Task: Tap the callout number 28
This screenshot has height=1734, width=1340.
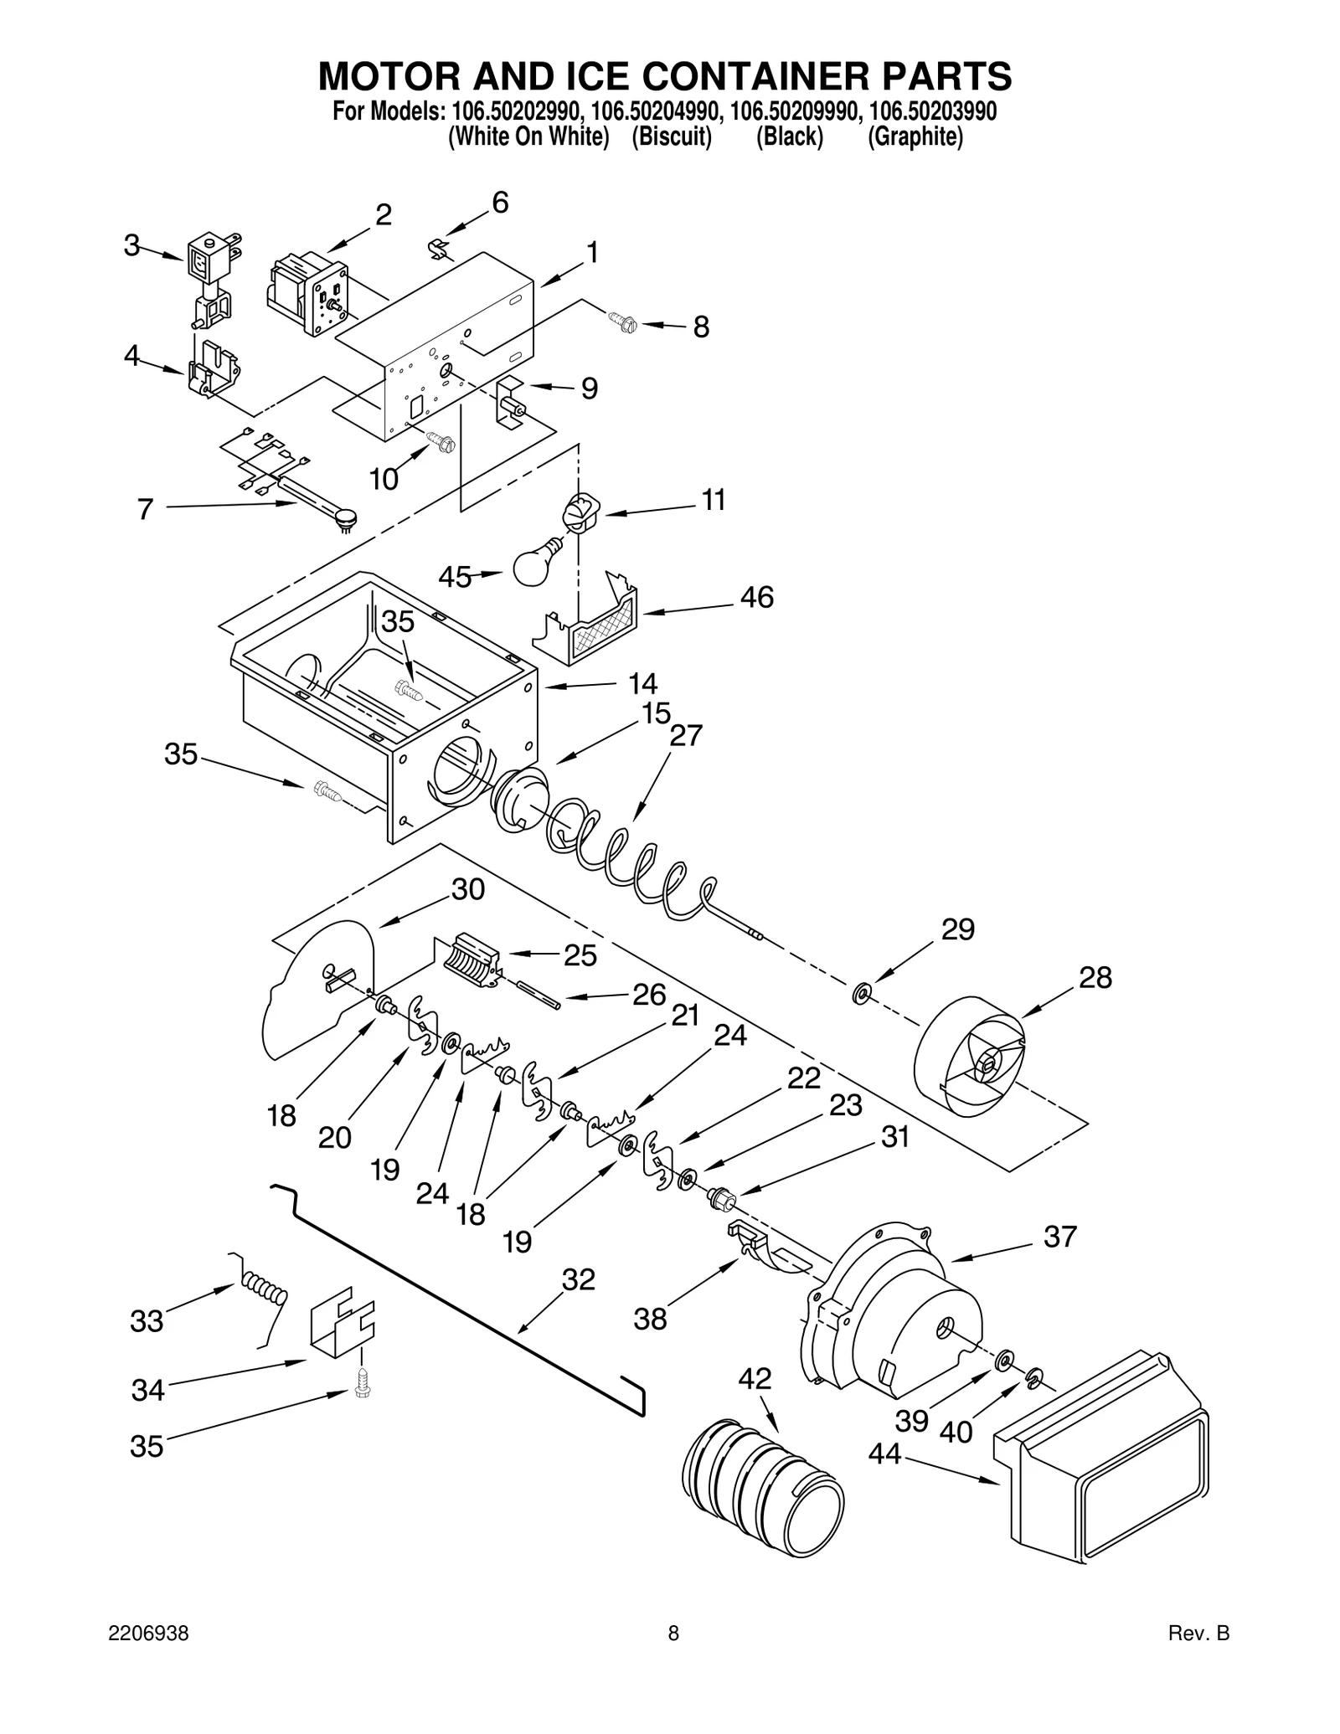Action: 1095,977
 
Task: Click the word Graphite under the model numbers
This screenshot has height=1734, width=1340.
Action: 915,136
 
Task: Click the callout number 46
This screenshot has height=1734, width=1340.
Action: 756,597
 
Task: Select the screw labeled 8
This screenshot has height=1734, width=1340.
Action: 623,322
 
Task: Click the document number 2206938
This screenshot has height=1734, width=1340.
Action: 148,1634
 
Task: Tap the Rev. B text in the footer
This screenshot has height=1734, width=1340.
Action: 1198,1634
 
